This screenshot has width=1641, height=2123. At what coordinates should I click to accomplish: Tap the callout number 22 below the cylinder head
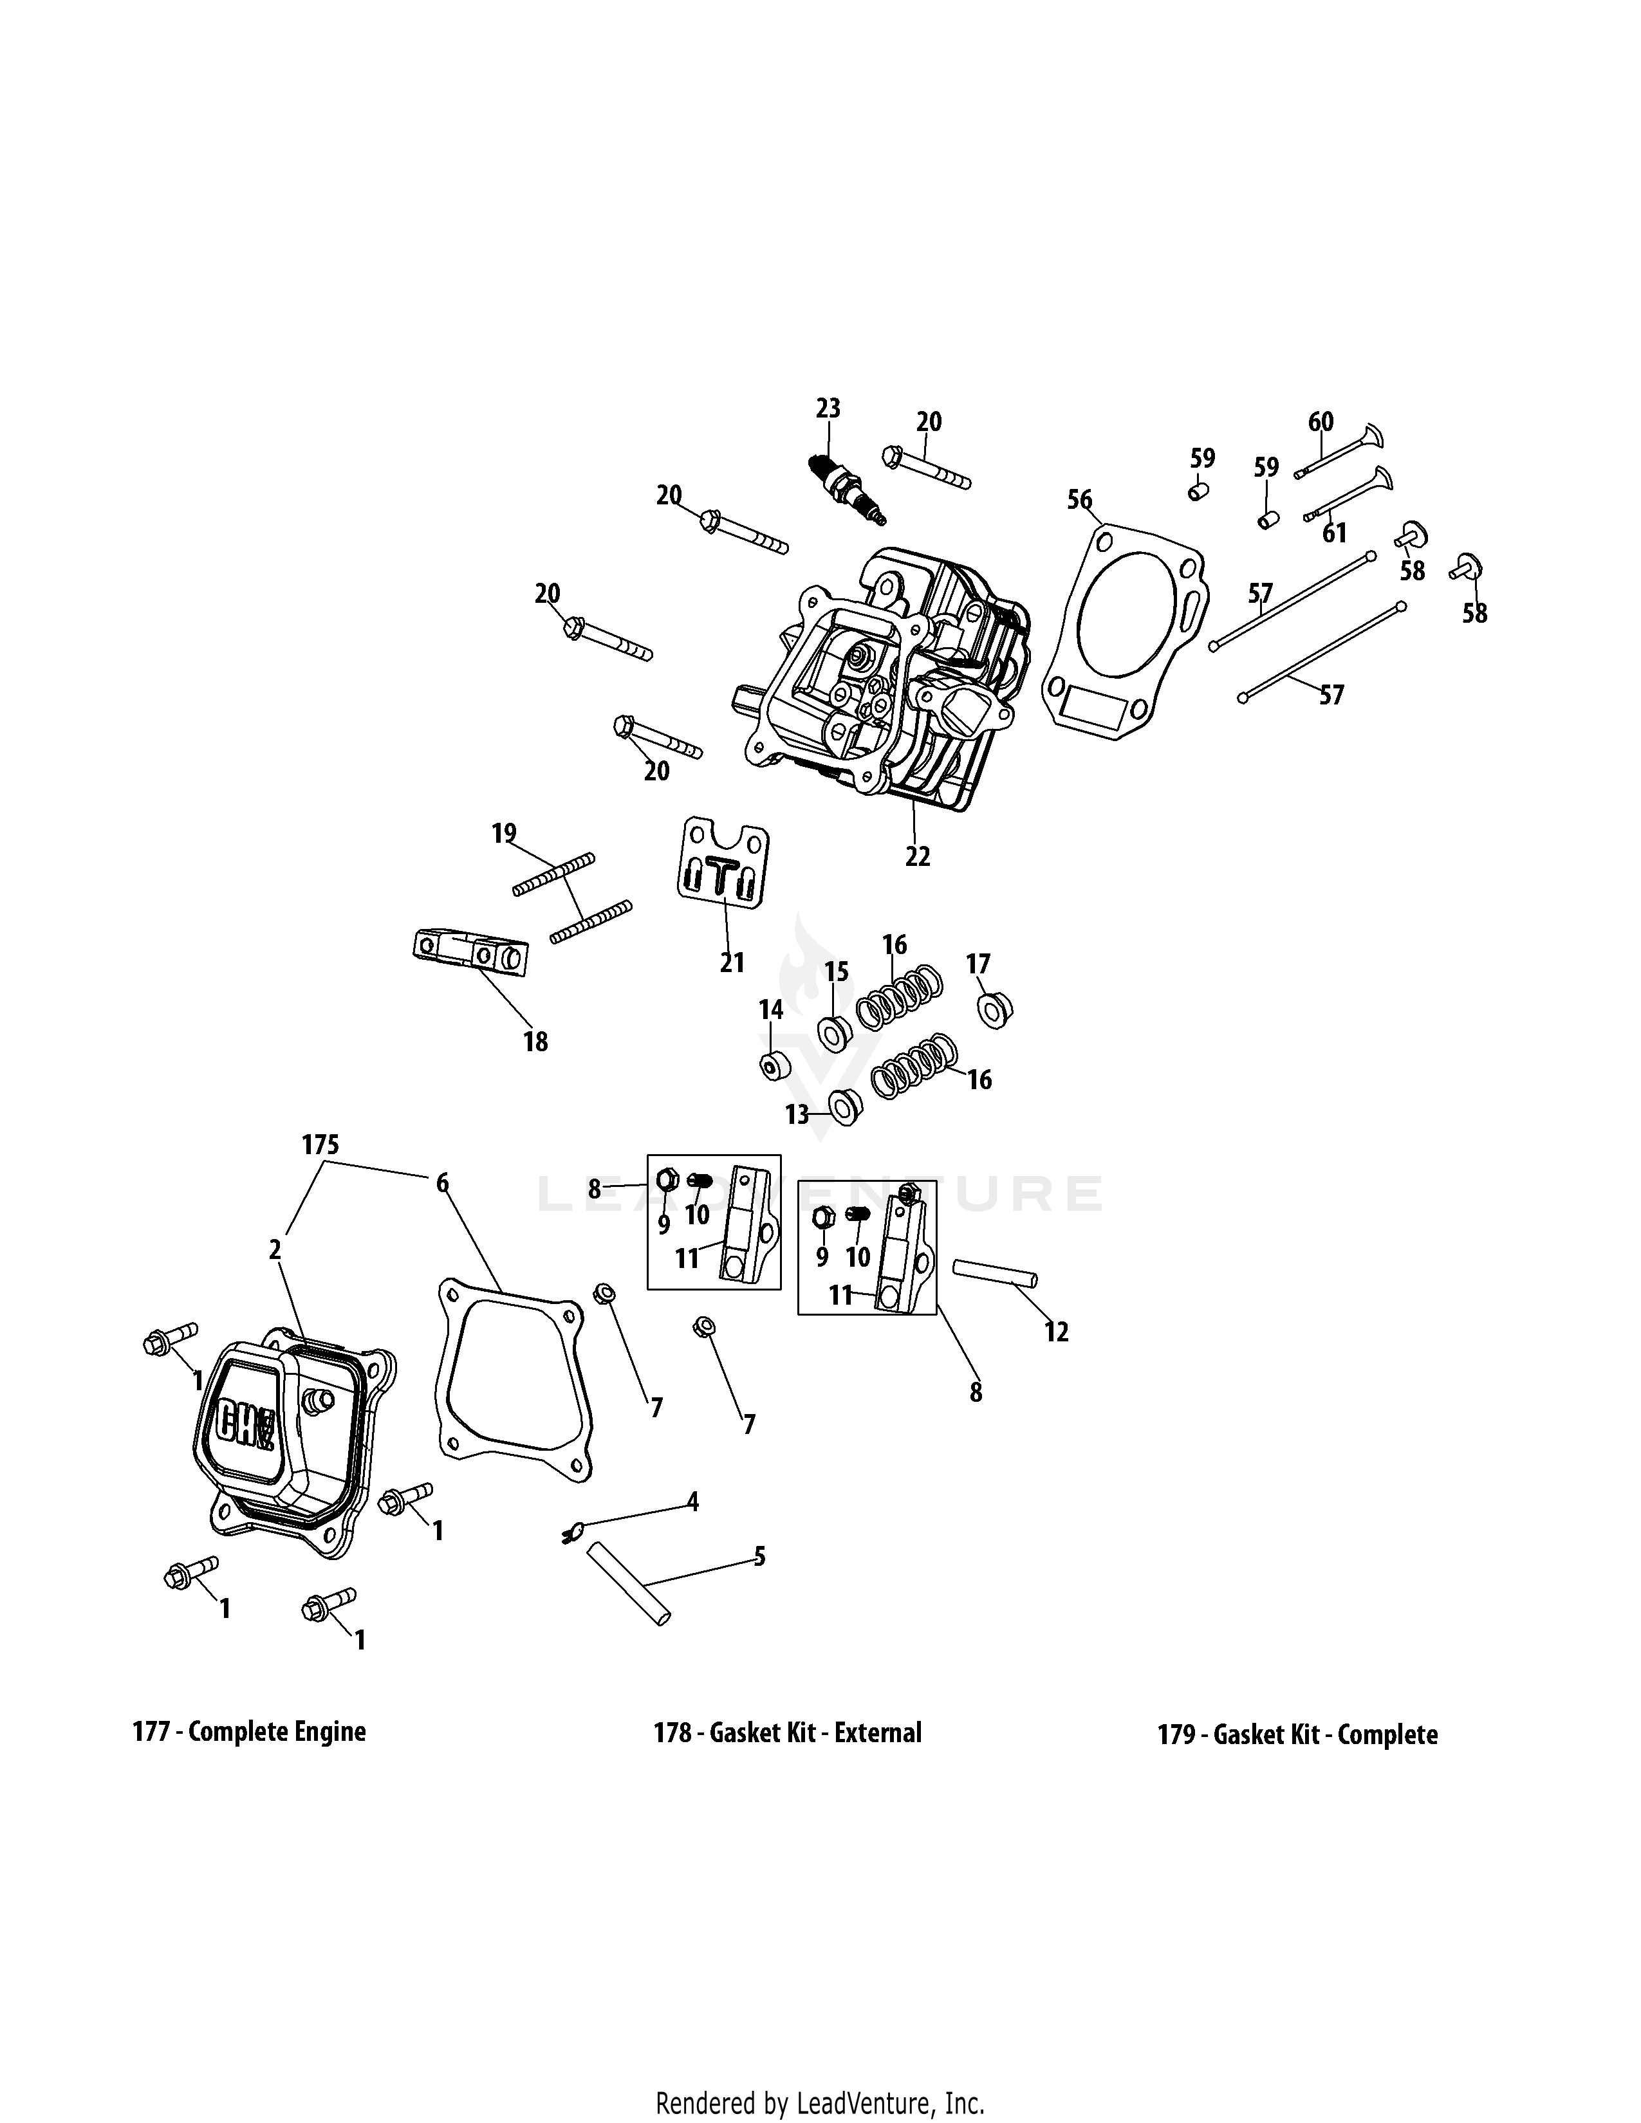tap(917, 856)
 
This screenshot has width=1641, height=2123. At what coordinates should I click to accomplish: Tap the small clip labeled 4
tap(571, 1533)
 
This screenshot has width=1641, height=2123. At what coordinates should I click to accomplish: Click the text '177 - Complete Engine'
tap(249, 1731)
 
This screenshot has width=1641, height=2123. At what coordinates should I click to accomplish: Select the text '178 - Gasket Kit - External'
tap(788, 1732)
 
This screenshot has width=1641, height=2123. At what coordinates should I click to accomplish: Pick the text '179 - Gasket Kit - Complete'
tap(1297, 1734)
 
